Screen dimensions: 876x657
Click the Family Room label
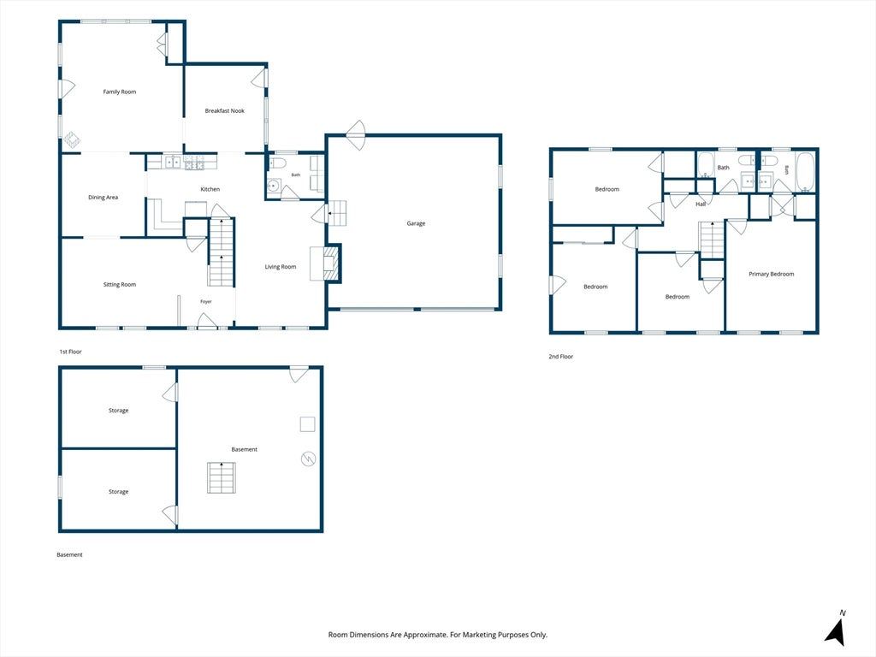pos(120,92)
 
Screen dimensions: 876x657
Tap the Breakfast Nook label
pos(225,110)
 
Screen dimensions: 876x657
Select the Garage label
pos(416,223)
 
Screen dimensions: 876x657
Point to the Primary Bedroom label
pos(771,274)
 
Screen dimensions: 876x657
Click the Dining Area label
pos(103,198)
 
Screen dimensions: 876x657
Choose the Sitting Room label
pos(120,284)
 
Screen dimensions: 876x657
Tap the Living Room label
pos(281,267)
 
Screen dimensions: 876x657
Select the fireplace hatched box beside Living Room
pos(332,263)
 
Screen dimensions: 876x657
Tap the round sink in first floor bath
pos(274,186)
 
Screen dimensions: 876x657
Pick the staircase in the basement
pos(222,477)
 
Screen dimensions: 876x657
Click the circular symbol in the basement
pos(308,459)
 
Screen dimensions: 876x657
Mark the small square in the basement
pos(307,424)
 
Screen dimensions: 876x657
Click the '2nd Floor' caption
pos(561,357)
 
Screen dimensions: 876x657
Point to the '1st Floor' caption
pos(70,352)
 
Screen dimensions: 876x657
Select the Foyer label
pos(206,302)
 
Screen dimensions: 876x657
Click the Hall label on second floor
pos(701,204)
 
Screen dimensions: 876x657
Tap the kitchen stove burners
pos(194,163)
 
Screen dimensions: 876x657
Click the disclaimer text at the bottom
pos(437,635)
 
